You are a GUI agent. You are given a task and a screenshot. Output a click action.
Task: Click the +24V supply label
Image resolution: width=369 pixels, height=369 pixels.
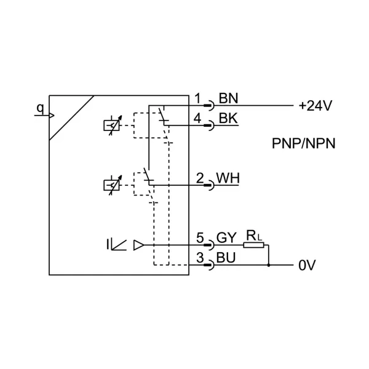(x=315, y=106)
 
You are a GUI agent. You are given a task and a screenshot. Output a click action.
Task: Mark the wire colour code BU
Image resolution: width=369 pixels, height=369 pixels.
(x=227, y=258)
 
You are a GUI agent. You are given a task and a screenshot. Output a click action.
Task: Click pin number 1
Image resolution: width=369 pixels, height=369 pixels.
(x=197, y=98)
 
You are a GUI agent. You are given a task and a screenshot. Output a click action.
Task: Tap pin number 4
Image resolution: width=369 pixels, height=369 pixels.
(x=197, y=118)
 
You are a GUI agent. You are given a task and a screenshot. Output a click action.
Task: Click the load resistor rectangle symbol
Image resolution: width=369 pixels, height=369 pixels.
(x=253, y=245)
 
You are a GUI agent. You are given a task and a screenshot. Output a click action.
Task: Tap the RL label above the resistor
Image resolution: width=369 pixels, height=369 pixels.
(x=253, y=234)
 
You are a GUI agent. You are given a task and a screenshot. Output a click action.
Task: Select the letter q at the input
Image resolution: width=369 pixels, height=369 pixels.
(x=40, y=108)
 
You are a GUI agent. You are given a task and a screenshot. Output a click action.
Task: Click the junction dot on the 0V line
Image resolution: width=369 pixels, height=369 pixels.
(x=269, y=266)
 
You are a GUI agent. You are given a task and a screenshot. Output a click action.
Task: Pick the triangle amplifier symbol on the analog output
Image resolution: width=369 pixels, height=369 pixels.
(x=138, y=245)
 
